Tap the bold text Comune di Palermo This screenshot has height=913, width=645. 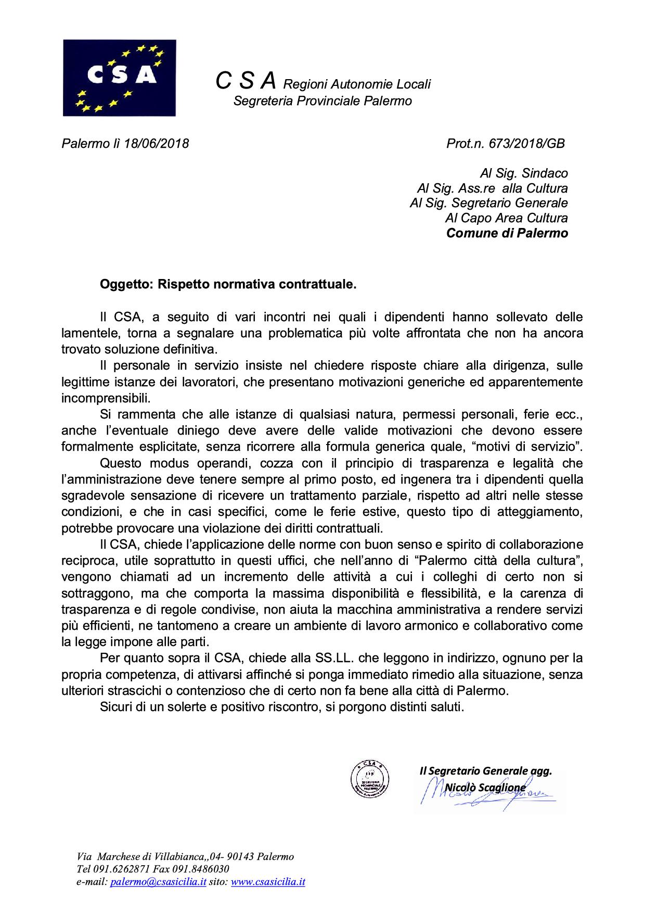pyautogui.click(x=507, y=233)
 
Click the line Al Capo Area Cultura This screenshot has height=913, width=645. pyautogui.click(x=506, y=218)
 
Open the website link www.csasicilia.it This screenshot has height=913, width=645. pyautogui.click(x=268, y=882)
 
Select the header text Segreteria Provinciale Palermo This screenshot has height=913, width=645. pyautogui.click(x=322, y=101)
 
